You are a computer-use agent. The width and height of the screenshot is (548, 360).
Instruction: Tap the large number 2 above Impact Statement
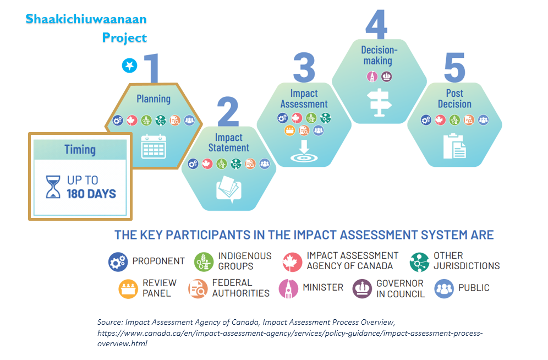(x=228, y=112)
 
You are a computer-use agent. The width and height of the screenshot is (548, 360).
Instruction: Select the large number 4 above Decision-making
(x=377, y=24)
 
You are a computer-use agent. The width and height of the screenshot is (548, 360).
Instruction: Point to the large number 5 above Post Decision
(x=454, y=68)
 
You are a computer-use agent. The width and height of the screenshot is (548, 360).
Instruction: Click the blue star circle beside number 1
(x=130, y=66)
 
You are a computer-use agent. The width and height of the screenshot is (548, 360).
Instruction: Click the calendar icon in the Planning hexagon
(x=154, y=146)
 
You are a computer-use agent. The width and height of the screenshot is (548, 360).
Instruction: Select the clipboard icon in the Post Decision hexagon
(x=454, y=146)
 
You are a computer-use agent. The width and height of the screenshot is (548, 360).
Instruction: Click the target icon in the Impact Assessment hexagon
(x=304, y=151)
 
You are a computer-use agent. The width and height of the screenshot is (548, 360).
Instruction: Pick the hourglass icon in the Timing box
(x=53, y=187)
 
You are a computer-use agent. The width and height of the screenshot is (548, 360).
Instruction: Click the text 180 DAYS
(x=91, y=194)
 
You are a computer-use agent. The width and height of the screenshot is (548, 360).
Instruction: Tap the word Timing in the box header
(x=80, y=150)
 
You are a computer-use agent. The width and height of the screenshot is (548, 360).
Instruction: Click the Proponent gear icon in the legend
(x=118, y=262)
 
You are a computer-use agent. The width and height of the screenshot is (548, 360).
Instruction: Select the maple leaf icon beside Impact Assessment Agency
(x=292, y=262)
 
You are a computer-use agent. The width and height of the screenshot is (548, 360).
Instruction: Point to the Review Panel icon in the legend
(x=128, y=288)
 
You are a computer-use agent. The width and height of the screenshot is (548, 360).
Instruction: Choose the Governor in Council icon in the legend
(x=362, y=288)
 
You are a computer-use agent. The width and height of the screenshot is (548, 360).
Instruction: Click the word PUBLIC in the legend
(x=474, y=288)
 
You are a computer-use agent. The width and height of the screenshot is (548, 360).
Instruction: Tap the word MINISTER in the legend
(x=323, y=288)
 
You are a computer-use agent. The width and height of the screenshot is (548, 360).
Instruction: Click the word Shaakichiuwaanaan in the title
(x=86, y=19)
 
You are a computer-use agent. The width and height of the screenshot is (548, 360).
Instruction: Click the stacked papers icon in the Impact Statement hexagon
(x=229, y=189)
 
